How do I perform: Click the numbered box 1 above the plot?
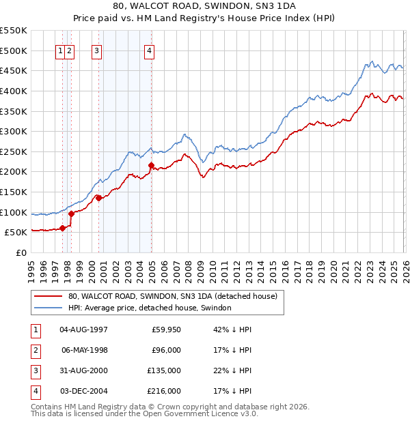(61, 50)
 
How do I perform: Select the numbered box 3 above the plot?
(96, 50)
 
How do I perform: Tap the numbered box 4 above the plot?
(149, 50)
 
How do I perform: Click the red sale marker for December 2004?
(151, 165)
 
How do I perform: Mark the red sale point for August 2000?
(99, 198)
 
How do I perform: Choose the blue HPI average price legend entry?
(150, 308)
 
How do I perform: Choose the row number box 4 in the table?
(34, 391)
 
